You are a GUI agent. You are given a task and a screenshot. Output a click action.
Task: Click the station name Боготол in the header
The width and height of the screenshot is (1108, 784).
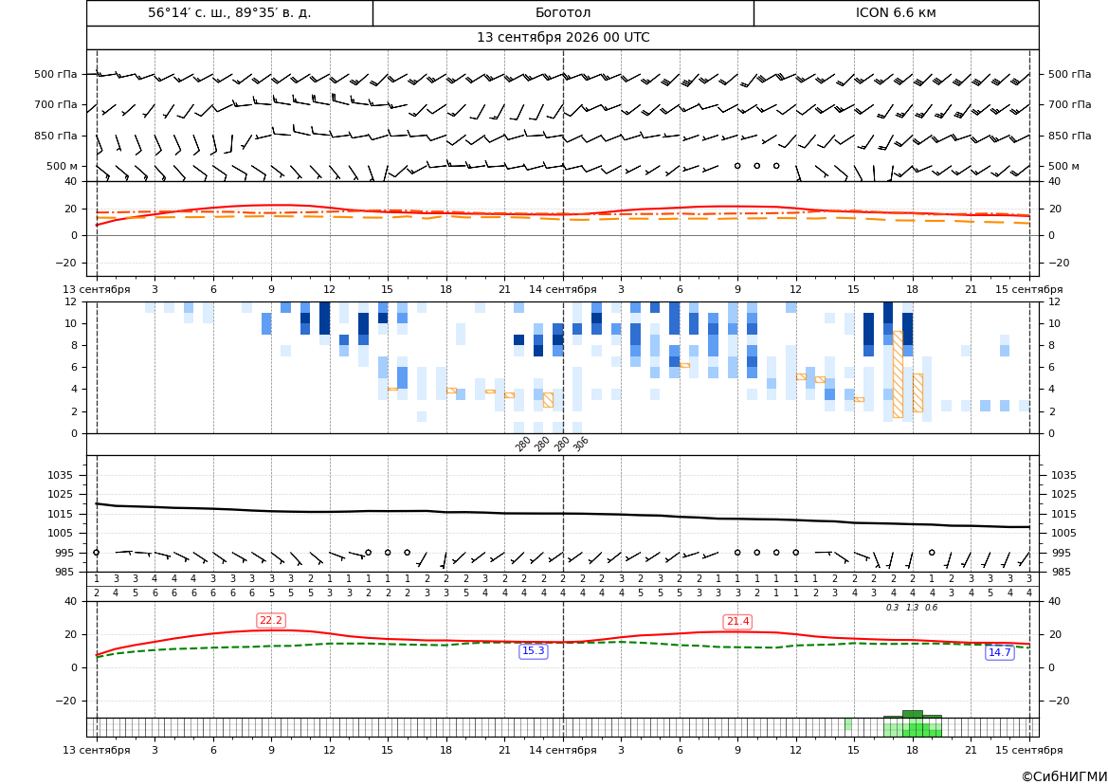coord(563,12)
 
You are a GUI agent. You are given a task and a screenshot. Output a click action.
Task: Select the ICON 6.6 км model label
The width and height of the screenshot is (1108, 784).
coord(896,12)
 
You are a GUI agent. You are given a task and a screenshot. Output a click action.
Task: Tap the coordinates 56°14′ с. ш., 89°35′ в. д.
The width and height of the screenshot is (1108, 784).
coord(229,12)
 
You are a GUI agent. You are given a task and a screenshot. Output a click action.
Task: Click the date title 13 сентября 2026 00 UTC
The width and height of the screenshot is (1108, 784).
coord(563,38)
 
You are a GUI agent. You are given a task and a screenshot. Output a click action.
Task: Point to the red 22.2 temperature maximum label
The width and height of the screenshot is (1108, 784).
coord(271,621)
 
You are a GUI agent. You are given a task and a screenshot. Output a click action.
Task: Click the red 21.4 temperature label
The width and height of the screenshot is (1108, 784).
coord(737,621)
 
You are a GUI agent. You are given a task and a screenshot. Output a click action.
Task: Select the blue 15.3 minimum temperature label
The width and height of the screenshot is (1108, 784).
coord(533,651)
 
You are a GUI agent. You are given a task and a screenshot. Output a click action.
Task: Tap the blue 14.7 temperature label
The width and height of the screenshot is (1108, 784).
coord(999,652)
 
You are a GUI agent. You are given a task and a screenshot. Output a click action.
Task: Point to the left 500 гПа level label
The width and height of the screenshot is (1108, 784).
coord(56,74)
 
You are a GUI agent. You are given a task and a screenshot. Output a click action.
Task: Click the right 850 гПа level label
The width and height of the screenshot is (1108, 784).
coord(1069,136)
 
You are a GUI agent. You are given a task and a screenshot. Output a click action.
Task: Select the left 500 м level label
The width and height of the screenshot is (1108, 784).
coord(63,166)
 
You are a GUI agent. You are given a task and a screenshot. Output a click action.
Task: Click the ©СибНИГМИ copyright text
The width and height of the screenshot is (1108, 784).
coord(1064,776)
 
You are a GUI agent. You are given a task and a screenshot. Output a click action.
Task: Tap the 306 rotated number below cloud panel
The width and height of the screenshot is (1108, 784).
coord(581,444)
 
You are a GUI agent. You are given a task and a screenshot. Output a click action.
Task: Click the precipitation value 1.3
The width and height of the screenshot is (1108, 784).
coord(912,608)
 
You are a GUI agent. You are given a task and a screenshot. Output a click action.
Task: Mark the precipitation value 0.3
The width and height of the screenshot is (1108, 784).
coord(893,608)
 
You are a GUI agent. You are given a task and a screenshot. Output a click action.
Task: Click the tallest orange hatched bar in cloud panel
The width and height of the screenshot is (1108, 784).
coord(898,374)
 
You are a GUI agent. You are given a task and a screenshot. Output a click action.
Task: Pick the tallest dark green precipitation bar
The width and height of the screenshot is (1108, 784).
coord(912,714)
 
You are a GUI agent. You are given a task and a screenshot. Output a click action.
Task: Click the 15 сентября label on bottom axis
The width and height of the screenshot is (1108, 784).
coord(1029,750)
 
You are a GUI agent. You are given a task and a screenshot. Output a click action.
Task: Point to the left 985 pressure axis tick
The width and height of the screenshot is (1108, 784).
coord(68,572)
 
